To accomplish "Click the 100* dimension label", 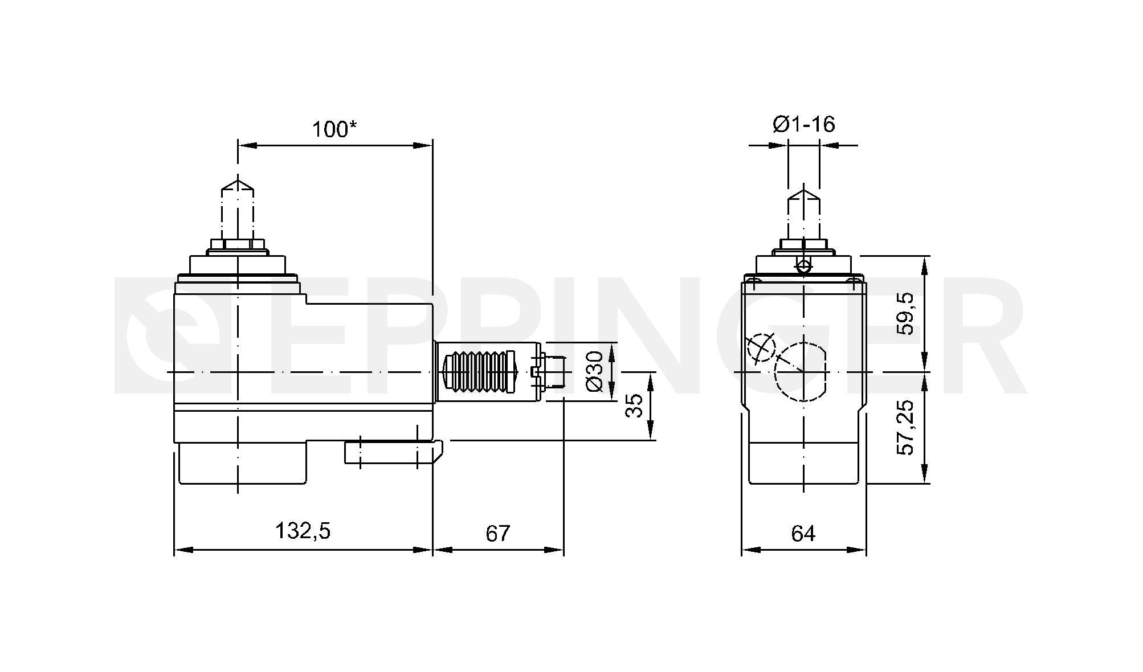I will [x=334, y=129].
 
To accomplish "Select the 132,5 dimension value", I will [x=303, y=531].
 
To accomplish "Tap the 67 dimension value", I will [x=497, y=533].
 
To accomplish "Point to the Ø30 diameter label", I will [x=594, y=371].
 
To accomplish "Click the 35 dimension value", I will [x=634, y=405].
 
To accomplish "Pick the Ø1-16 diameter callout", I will [x=803, y=124].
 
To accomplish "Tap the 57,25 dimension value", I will [x=905, y=427].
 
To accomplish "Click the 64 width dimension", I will [x=803, y=533].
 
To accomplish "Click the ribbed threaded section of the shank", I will [x=479, y=371].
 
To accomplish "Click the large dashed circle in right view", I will [x=800, y=371].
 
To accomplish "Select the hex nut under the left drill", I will [x=238, y=245].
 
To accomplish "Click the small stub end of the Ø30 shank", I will [x=553, y=371].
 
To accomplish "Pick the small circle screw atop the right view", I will [x=803, y=266].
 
